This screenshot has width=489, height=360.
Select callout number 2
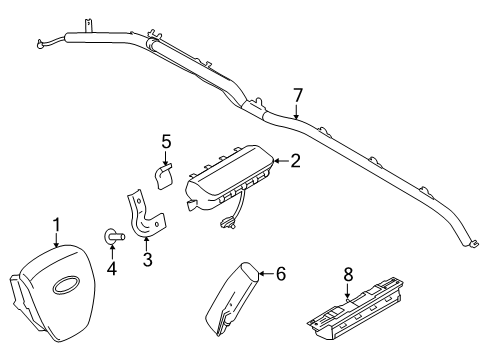(295, 159)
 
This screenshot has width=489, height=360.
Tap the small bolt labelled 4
(111, 238)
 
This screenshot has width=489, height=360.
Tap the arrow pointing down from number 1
(57, 240)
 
